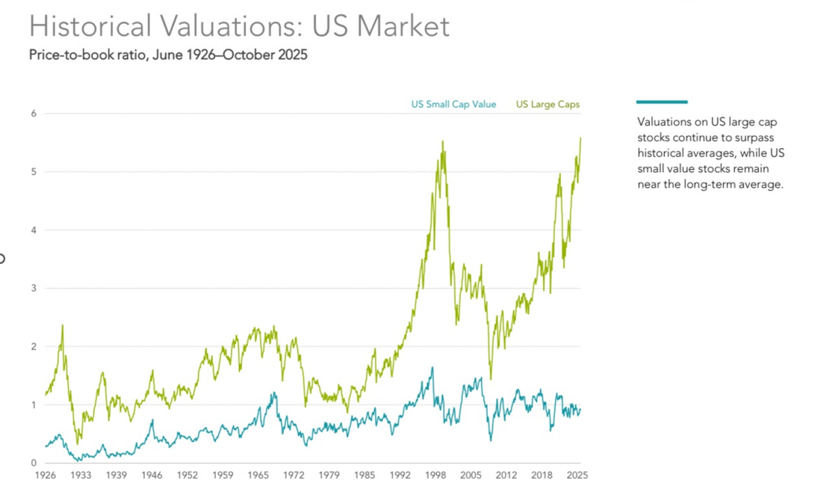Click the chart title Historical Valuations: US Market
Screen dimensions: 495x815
click(239, 26)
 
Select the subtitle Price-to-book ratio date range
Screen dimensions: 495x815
click(168, 55)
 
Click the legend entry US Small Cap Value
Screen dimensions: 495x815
click(453, 104)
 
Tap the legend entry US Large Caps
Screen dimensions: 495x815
click(548, 104)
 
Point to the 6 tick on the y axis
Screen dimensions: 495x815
click(34, 114)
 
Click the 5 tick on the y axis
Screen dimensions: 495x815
click(34, 172)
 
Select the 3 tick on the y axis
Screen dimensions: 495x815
click(34, 289)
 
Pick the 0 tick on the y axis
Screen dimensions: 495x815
click(34, 464)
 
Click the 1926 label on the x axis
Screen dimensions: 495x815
click(46, 476)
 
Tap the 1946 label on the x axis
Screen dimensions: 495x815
click(152, 476)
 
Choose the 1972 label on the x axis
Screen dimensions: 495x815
click(294, 476)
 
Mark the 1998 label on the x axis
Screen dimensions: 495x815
click(435, 476)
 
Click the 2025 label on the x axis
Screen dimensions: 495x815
click(577, 476)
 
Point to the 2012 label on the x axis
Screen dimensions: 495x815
click(506, 476)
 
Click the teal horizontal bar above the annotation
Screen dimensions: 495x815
click(662, 102)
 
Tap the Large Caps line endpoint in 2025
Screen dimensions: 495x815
click(580, 138)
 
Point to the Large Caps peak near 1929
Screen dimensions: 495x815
click(62, 325)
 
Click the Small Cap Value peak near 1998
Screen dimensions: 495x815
click(433, 367)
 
